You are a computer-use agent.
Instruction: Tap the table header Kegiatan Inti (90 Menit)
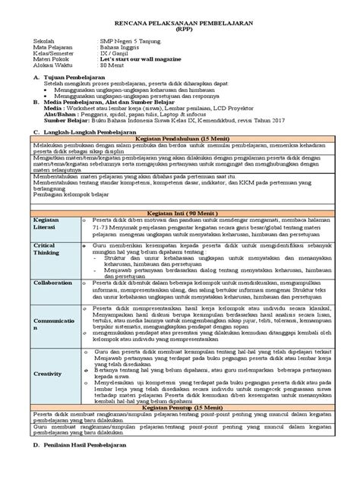tap(179, 213)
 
